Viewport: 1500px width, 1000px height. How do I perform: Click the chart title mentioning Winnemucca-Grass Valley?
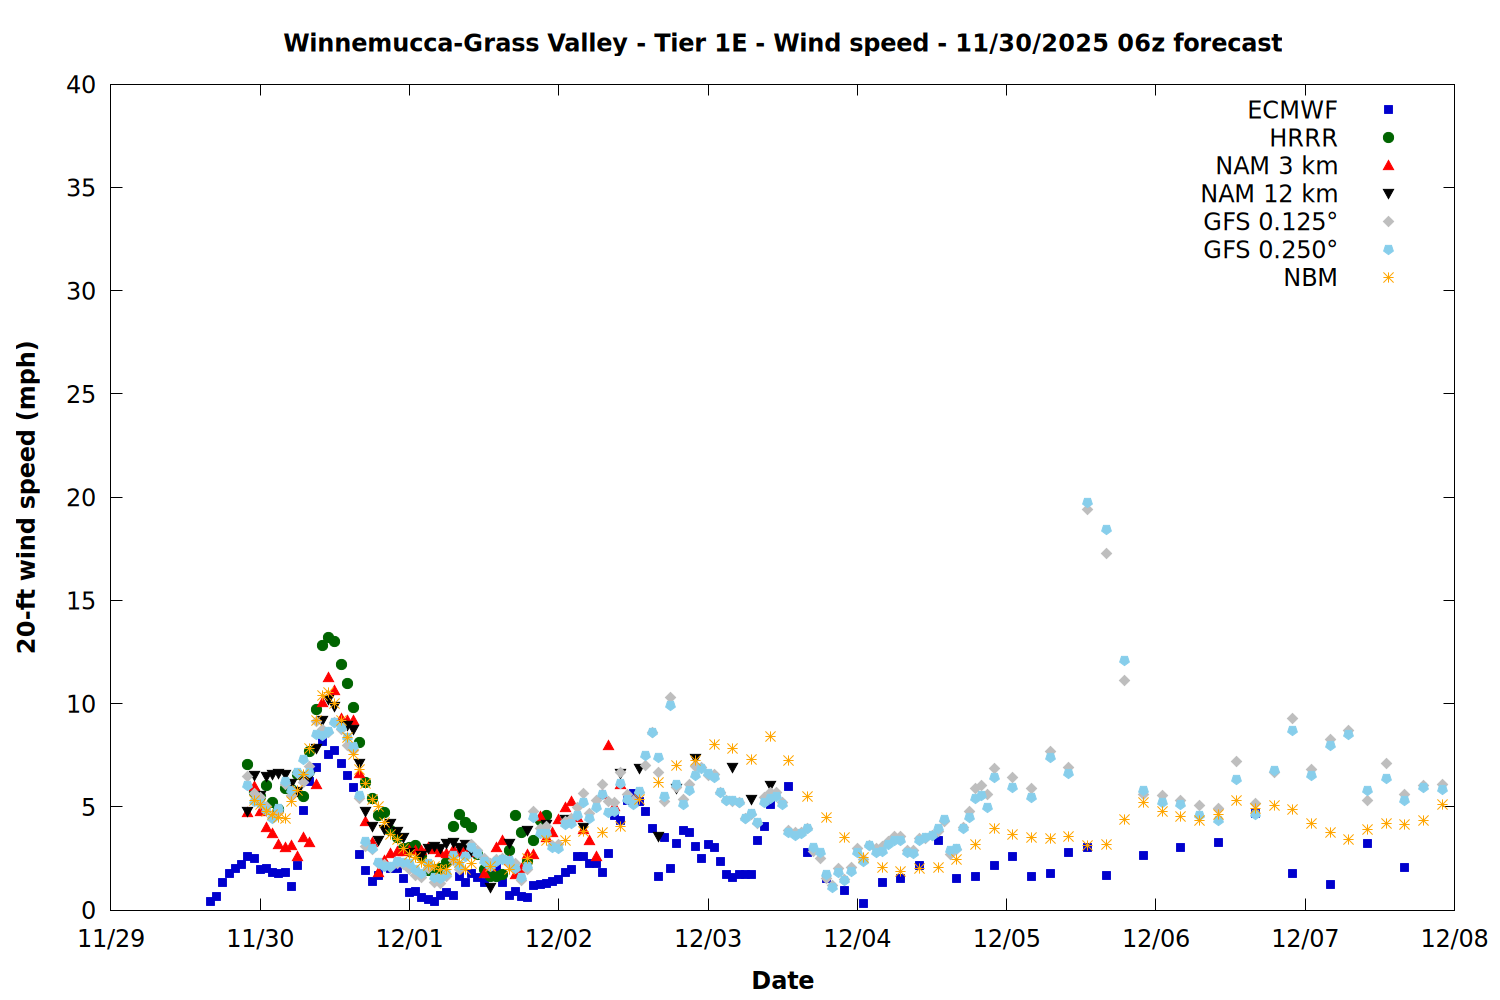pos(782,43)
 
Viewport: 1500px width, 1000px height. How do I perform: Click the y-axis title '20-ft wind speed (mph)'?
pos(27,497)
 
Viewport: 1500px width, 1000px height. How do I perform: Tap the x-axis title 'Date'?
pos(782,980)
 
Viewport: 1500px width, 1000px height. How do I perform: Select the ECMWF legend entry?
pos(1292,110)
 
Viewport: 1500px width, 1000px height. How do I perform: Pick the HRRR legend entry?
pos(1303,138)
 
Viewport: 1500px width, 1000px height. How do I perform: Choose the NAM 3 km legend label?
pos(1276,166)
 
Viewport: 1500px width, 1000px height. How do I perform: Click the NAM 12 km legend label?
pos(1269,194)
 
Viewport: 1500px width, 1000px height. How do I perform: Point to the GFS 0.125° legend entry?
pos(1270,222)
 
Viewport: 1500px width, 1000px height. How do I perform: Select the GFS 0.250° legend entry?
pos(1270,250)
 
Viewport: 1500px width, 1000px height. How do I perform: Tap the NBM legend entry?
pos(1310,278)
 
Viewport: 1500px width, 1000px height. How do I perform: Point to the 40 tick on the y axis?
pos(81,85)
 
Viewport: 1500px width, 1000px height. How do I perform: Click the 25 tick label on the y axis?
pos(81,394)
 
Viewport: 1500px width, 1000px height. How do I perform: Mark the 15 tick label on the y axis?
pos(81,601)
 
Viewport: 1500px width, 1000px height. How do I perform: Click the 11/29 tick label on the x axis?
pos(111,939)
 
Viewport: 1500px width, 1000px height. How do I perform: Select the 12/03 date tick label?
pos(708,939)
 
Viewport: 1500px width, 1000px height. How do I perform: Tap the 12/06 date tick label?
pos(1156,939)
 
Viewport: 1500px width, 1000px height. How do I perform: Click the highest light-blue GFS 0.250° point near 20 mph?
pos(1087,503)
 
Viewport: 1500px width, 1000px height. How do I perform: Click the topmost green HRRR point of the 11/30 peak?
pos(328,637)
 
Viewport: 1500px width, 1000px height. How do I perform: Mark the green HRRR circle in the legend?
pos(1388,138)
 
